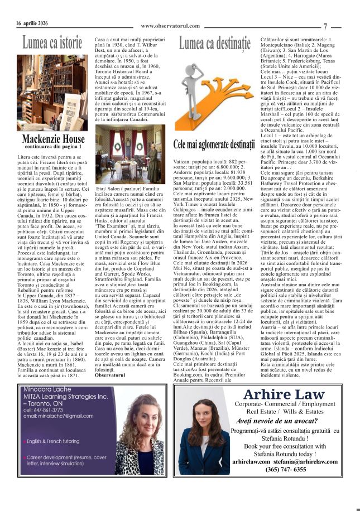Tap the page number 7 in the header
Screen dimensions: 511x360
pyautogui.click(x=325, y=26)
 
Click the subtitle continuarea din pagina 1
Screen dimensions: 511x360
pyautogui.click(x=52, y=147)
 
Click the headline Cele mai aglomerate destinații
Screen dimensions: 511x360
pyautogui.click(x=213, y=144)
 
